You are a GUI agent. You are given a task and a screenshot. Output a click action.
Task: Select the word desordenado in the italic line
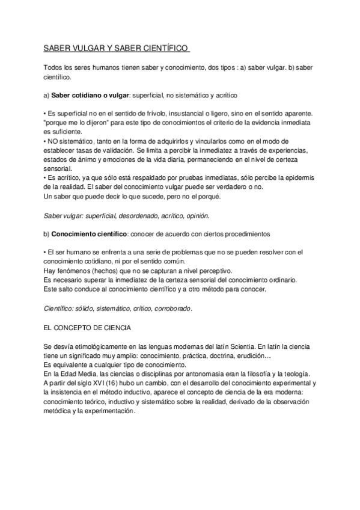(x=134, y=215)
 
